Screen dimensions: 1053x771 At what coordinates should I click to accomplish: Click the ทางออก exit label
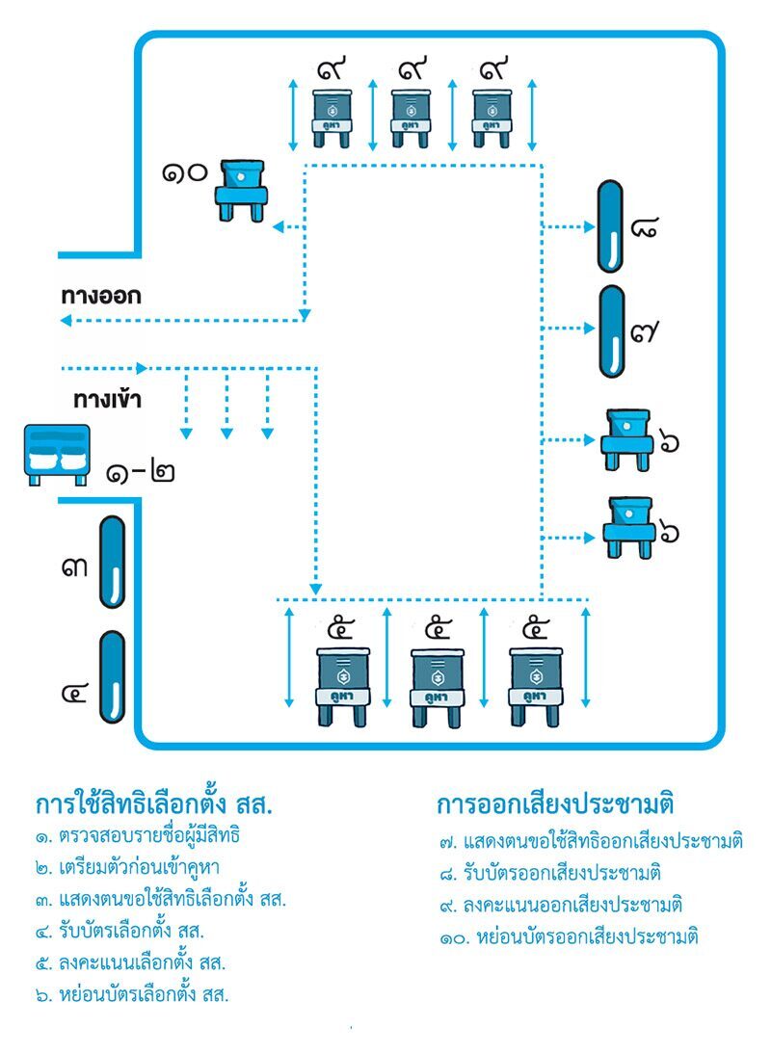(101, 296)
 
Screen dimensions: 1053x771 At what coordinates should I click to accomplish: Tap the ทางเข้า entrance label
(108, 399)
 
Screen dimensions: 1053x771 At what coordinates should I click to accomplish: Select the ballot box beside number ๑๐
(240, 190)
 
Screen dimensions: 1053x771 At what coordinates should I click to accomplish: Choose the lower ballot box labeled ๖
(627, 526)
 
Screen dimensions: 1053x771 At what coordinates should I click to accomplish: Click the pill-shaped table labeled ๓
(113, 562)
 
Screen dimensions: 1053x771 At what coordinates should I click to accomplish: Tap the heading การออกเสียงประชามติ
(554, 803)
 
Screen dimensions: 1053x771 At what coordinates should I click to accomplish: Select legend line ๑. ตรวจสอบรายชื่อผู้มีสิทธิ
(137, 835)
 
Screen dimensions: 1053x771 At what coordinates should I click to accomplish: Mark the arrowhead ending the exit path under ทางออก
(66, 319)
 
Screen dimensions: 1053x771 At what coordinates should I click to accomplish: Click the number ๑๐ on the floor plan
(186, 174)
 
